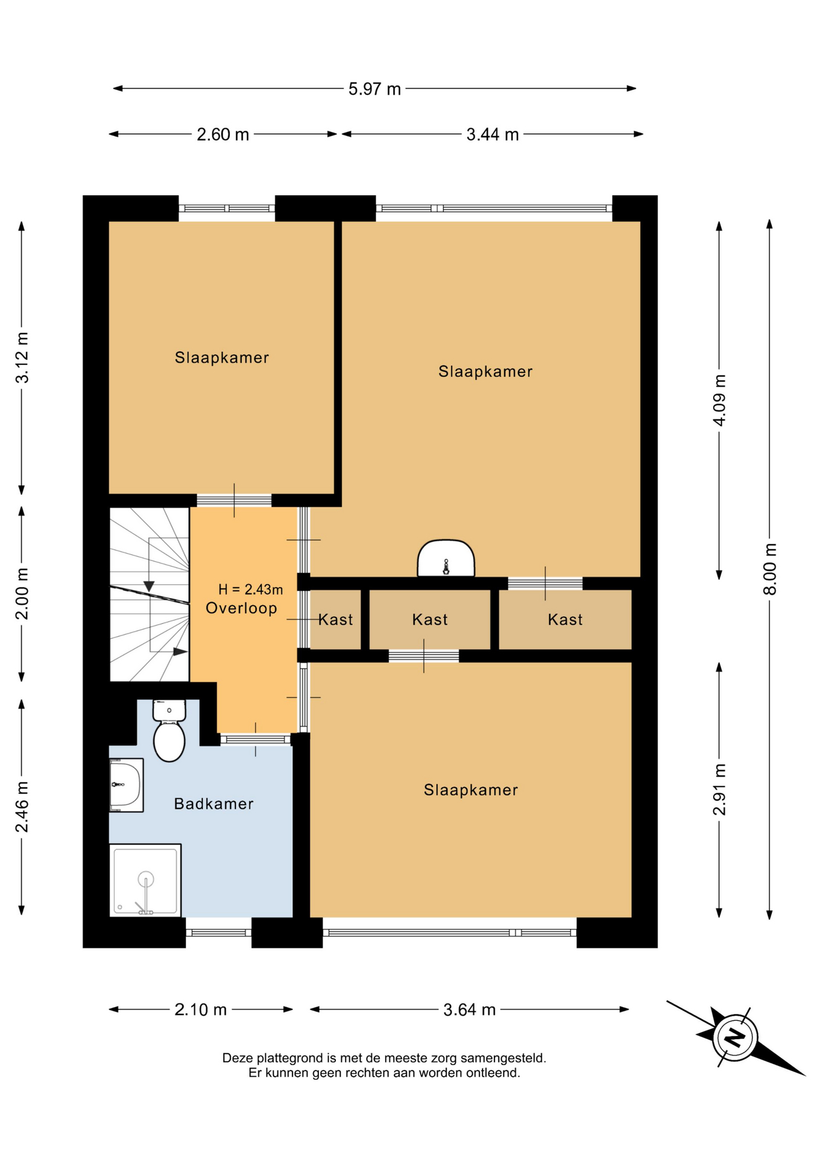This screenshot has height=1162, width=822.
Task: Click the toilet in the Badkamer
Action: point(169,730)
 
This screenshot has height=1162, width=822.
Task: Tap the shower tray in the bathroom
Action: point(145,881)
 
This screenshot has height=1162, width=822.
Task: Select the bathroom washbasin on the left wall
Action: point(126,785)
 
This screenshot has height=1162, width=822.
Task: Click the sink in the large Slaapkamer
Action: point(446,558)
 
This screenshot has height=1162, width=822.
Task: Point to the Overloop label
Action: point(242,608)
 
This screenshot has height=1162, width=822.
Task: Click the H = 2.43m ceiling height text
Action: point(251,589)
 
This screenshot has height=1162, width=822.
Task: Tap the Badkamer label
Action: point(214,804)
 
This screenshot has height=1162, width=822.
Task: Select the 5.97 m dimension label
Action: point(375,89)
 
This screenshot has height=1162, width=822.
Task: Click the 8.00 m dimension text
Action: point(769,569)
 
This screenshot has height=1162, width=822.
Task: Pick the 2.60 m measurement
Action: point(223,134)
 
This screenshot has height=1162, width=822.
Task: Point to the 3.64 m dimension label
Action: point(470,1009)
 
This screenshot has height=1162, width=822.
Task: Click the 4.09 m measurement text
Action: point(719,400)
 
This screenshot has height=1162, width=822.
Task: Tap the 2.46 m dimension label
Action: point(22,807)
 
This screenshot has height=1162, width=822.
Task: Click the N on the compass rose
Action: point(735,1037)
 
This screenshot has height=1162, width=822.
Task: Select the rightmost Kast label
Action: point(565,620)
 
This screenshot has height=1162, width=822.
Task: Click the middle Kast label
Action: point(430,620)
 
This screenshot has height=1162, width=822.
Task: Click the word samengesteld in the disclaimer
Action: point(503,1058)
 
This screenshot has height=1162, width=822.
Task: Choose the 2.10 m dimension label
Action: point(201,1009)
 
